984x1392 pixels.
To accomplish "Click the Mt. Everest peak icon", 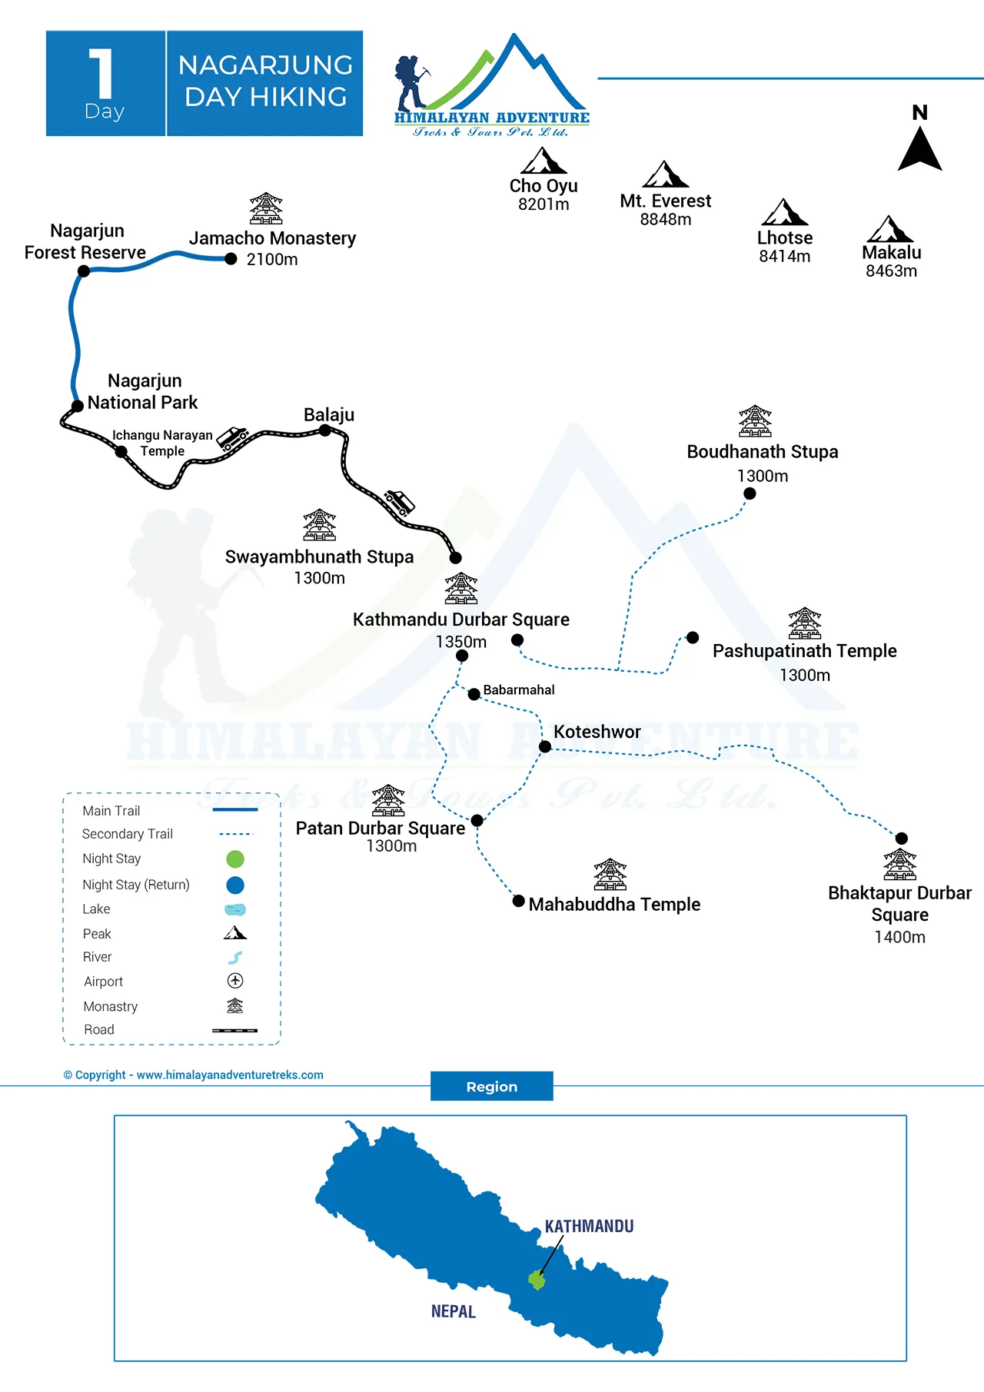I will (x=666, y=174).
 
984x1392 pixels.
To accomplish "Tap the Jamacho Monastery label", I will (x=272, y=238).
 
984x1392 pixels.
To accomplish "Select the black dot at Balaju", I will (x=325, y=430).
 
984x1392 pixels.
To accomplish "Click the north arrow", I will (x=919, y=148).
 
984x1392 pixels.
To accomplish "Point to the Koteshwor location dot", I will (x=545, y=746).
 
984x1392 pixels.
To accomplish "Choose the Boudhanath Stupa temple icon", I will (x=755, y=421).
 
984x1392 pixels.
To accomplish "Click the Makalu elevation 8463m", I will (x=891, y=271).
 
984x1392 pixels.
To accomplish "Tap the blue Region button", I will (x=491, y=1086).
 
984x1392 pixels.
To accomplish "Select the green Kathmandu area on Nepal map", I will (x=537, y=1281).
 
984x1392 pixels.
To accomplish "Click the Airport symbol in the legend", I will (x=235, y=981).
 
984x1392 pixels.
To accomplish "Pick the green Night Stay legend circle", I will (x=235, y=859).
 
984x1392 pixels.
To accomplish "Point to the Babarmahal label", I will (x=519, y=690).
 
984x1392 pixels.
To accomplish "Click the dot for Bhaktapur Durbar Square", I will (x=902, y=839).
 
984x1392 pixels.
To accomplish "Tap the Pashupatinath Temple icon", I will (x=805, y=623).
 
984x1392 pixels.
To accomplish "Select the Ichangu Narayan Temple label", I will (x=162, y=443).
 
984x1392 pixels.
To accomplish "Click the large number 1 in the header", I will (x=101, y=74).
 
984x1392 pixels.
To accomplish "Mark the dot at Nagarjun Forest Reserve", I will (x=84, y=271).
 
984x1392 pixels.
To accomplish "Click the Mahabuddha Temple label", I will (x=614, y=905).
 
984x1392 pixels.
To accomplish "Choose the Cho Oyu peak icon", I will (x=544, y=161).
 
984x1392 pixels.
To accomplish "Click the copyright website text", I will (x=193, y=1075).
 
